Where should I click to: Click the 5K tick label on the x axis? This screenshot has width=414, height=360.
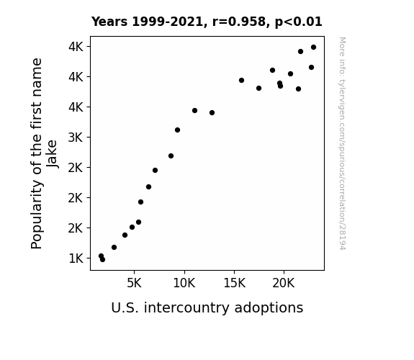click(134, 283)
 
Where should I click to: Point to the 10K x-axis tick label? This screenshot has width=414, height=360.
click(184, 283)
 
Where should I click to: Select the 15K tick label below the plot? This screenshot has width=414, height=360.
click(234, 283)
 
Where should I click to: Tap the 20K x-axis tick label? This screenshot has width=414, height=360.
click(284, 283)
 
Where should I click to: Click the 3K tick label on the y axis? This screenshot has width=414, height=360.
click(76, 138)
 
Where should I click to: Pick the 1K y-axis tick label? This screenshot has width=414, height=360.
click(76, 258)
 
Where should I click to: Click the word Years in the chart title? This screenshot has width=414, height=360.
click(109, 22)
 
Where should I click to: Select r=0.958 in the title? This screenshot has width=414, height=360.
click(239, 22)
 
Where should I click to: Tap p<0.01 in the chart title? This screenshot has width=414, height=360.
click(299, 22)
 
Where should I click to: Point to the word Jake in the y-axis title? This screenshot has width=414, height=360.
click(52, 154)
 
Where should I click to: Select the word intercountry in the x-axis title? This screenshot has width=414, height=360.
click(187, 307)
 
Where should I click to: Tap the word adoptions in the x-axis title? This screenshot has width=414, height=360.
click(269, 308)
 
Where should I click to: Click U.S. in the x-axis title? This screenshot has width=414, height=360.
click(125, 308)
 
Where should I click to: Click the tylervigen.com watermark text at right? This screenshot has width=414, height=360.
click(342, 143)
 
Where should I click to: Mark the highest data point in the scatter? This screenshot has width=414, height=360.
click(313, 48)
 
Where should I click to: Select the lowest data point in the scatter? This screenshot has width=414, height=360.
click(102, 260)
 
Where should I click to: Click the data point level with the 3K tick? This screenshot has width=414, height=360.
click(177, 130)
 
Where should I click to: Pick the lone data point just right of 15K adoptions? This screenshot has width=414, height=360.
click(241, 81)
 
